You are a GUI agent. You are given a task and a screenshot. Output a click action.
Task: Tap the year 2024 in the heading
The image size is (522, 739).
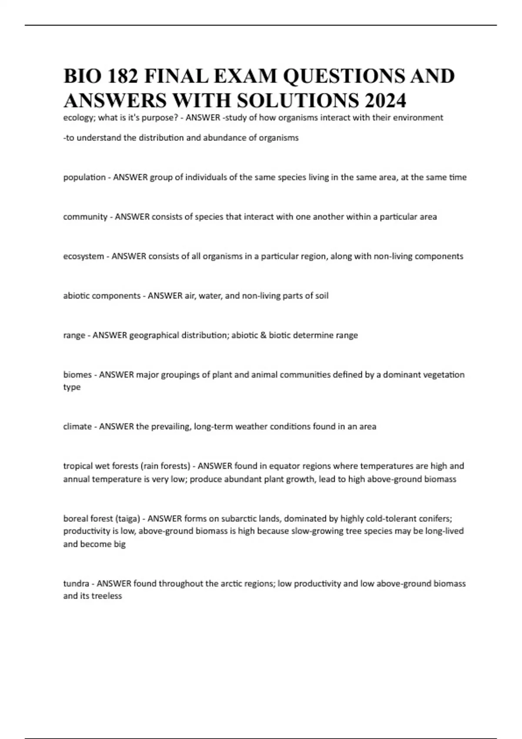tap(385, 101)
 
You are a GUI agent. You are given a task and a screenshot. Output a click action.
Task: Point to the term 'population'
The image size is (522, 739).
tap(84, 177)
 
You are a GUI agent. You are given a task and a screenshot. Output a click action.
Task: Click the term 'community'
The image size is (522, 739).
tap(85, 217)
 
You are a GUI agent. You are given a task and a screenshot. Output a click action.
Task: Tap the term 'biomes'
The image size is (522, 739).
tap(77, 375)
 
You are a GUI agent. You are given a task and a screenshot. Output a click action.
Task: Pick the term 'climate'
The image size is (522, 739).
tap(77, 426)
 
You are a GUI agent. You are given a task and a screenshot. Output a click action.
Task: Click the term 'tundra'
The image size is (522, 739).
tap(76, 584)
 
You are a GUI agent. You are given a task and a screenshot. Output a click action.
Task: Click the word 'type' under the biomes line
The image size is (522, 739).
tap(72, 387)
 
